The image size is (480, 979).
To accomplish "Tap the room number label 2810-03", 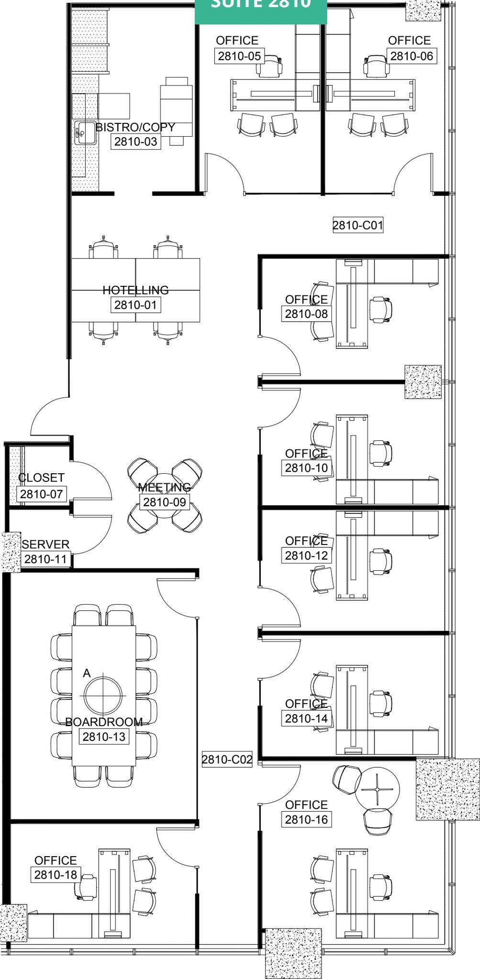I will pos(135,141).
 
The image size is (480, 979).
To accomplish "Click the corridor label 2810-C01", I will pos(358,225).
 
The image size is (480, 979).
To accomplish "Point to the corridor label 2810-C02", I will pos(227,760).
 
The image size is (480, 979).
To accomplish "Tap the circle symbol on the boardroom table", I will pos(103,696).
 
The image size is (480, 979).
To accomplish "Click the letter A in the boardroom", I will pos(87,673).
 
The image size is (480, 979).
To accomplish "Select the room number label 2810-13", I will pos(104,737).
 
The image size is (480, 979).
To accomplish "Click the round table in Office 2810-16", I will pos(377,789).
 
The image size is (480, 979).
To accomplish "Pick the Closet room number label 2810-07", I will pos(41,494).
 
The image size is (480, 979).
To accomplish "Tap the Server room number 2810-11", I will pos(45,559).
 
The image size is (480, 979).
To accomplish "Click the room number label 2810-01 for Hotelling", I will pos(135,305).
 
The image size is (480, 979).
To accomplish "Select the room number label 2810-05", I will pos(239,56).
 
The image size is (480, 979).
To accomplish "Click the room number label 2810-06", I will pos(412,56).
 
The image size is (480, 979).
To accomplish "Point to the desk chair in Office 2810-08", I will pos(380,309).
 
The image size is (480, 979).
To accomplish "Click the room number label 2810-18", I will pos(56,875).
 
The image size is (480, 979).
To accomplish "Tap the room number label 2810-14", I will pos(306,718).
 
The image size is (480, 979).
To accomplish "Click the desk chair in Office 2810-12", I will pos(380,561).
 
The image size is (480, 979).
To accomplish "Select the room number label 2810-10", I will pos(306,468).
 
